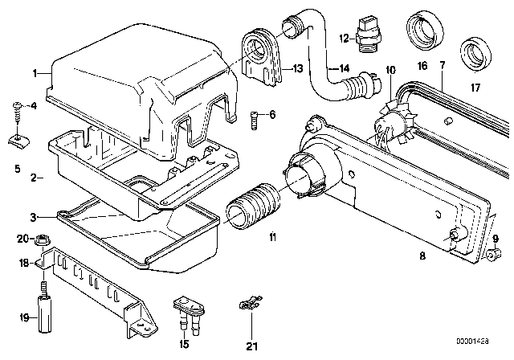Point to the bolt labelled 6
point(253,118)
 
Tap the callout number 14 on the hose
point(321,68)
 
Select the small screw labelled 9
point(495,255)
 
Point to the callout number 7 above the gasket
point(441,59)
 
